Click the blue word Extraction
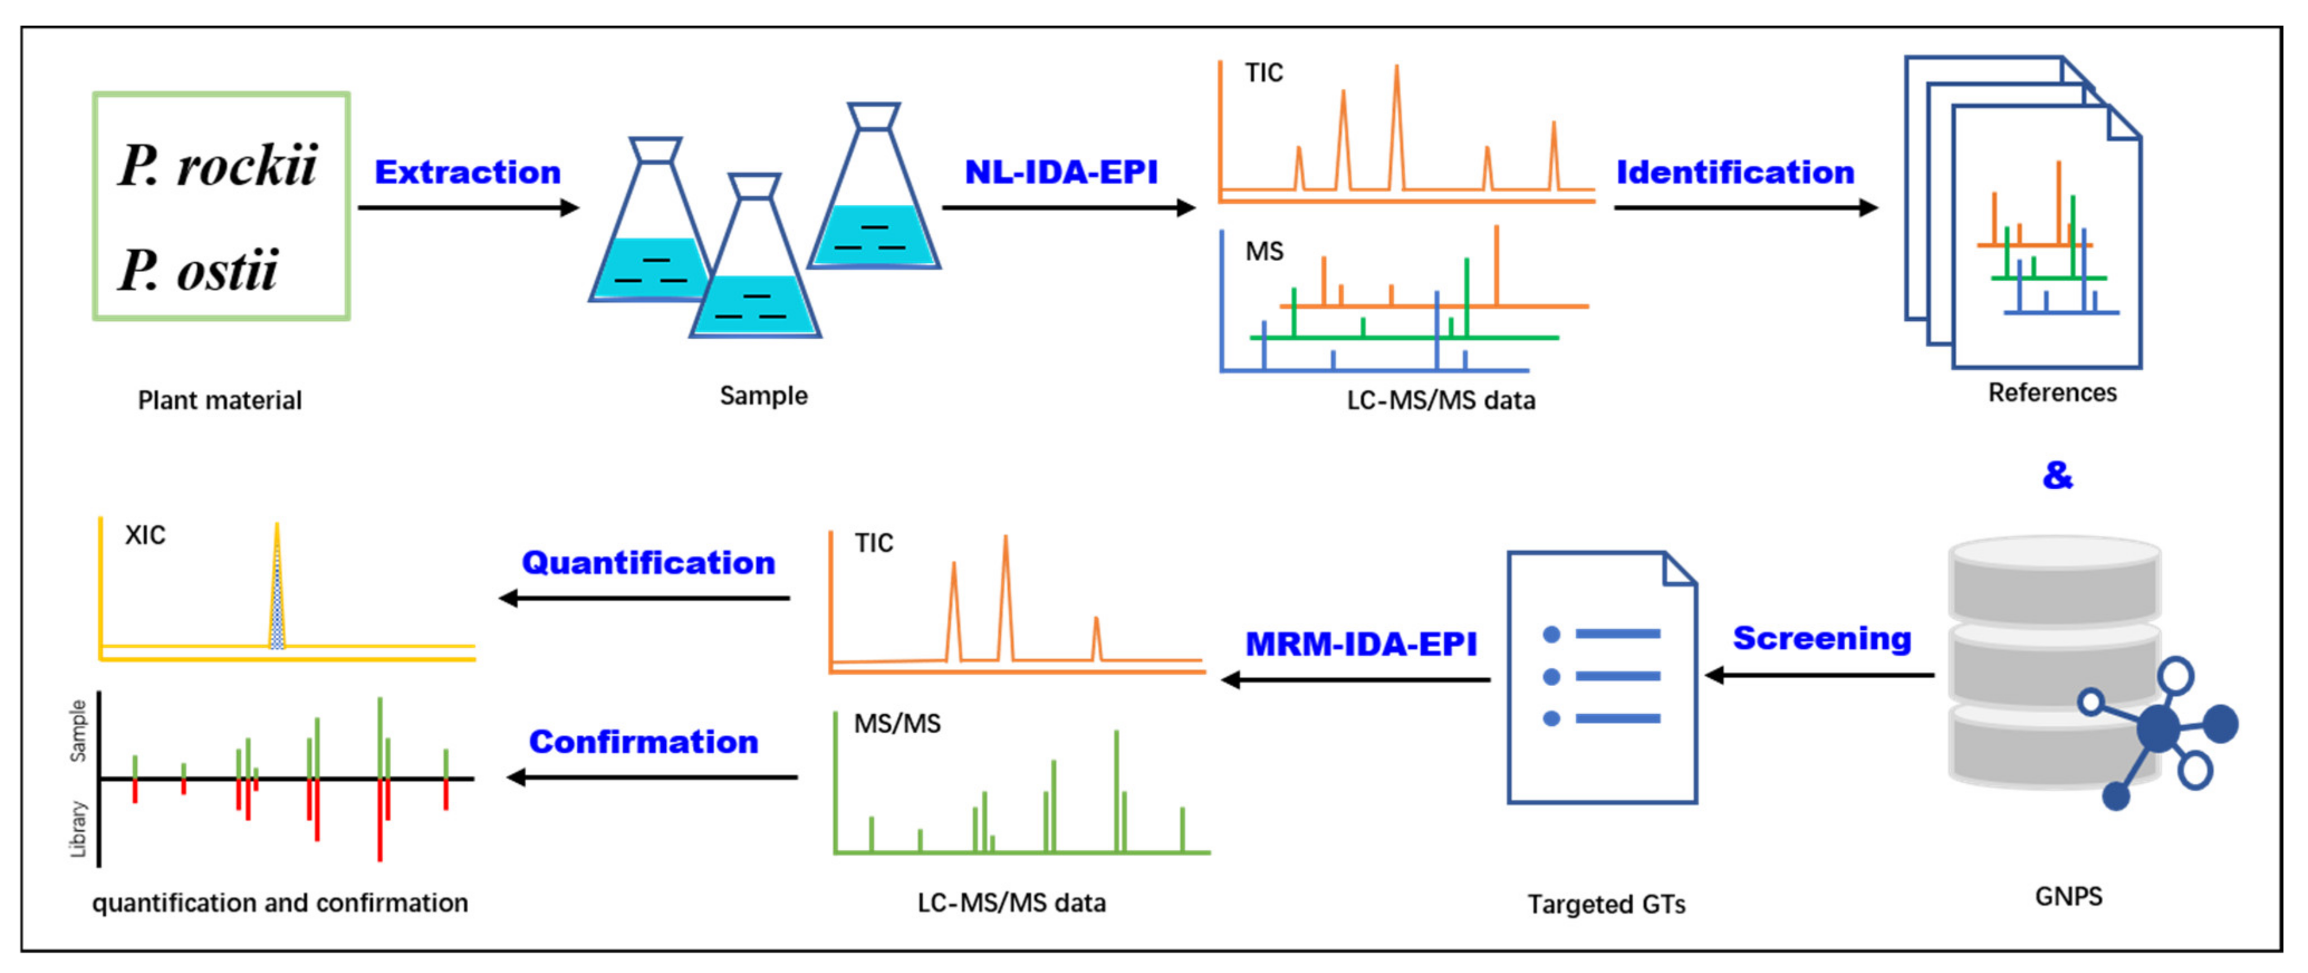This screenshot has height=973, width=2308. tap(467, 172)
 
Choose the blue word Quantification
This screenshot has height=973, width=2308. tap(648, 563)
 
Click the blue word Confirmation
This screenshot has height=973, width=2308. tap(643, 742)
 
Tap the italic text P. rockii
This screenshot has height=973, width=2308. tap(218, 166)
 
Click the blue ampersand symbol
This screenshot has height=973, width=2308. tap(2057, 475)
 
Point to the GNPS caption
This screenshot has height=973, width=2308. tap(2068, 896)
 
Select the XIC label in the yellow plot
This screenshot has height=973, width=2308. tap(145, 535)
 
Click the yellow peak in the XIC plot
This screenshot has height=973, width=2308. tap(277, 591)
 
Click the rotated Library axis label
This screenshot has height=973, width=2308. tap(79, 829)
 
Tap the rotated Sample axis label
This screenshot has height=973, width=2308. tap(79, 730)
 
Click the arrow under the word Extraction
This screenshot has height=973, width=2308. tap(468, 208)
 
